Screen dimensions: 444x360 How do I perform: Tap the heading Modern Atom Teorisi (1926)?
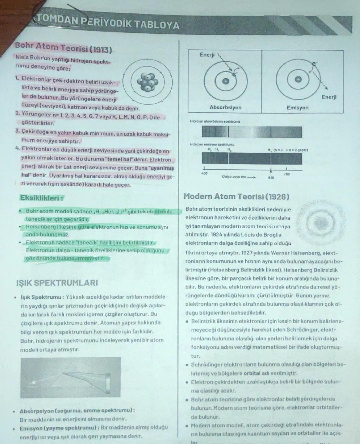coord(236,197)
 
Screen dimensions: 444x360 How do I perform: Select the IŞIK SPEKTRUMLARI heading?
coord(57,283)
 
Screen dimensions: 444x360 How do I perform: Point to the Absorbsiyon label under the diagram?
coord(225,107)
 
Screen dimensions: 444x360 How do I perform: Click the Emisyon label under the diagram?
coord(298,108)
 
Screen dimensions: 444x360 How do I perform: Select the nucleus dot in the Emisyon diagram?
coord(298,79)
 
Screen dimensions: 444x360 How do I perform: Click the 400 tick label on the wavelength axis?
coord(204,173)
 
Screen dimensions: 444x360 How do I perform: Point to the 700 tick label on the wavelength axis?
coord(287,174)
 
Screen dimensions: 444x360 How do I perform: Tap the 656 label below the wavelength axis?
coord(271,178)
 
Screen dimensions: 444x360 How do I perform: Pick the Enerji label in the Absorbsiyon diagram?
coord(207,55)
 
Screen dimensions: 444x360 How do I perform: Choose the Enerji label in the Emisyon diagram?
coord(329,97)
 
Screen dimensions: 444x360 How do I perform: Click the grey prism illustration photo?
coord(70,377)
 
